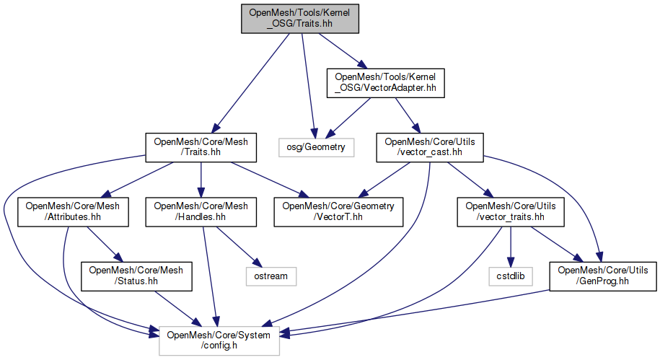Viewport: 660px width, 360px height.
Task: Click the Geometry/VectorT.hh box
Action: (338, 211)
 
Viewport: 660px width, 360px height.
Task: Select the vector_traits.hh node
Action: (511, 211)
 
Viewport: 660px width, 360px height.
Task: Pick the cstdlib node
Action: (511, 276)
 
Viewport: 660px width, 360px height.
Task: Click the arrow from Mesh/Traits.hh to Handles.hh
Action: (200, 179)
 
